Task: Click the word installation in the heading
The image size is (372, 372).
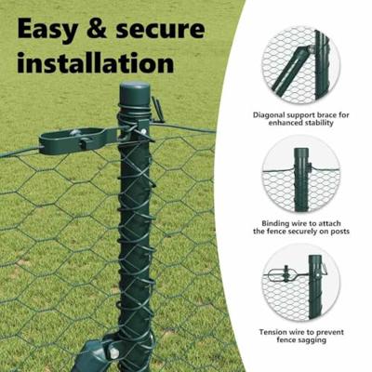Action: pyautogui.click(x=95, y=63)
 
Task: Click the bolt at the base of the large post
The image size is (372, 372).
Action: pyautogui.click(x=113, y=353)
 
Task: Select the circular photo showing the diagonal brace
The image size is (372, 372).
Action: pyautogui.click(x=300, y=63)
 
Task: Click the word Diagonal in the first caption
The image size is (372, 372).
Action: pyautogui.click(x=273, y=114)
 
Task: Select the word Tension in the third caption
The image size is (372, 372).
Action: pyautogui.click(x=272, y=332)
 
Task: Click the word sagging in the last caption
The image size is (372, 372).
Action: pyautogui.click(x=312, y=341)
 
